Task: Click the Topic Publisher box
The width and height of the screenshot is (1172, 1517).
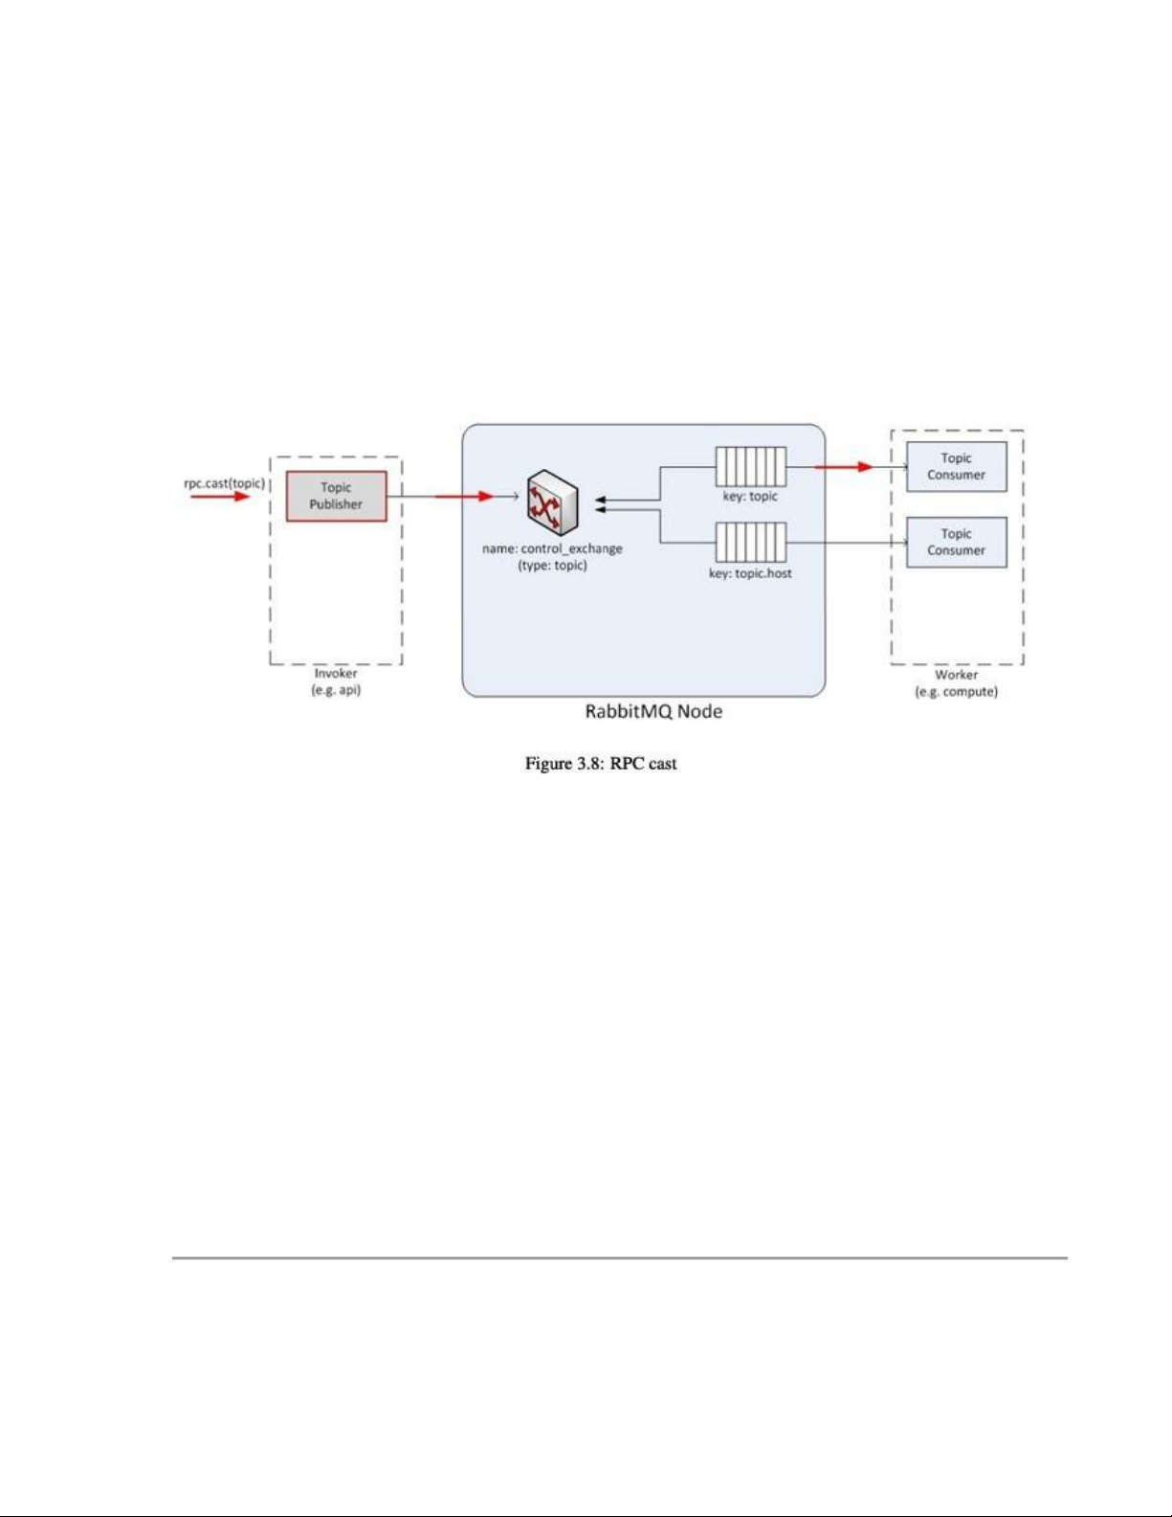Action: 336,496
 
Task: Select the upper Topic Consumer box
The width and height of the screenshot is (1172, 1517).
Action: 956,466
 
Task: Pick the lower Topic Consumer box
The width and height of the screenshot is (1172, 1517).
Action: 956,543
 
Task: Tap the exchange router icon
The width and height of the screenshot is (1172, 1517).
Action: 553,502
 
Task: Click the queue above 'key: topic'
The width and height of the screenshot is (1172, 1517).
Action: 751,466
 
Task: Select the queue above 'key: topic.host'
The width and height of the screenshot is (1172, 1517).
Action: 751,543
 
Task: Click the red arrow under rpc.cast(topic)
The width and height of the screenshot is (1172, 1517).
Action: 220,497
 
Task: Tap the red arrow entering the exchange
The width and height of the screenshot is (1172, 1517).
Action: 465,497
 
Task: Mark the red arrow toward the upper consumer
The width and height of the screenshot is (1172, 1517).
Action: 844,466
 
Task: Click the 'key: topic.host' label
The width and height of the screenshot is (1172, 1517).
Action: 751,574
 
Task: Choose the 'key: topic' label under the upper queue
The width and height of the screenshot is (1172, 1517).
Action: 750,497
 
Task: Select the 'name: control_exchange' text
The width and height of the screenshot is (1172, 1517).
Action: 552,548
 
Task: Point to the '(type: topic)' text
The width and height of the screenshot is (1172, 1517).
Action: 552,566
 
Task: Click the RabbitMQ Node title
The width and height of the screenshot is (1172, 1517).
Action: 653,711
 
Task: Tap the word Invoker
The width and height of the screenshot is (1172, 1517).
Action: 336,674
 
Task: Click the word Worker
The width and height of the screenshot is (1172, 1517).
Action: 957,675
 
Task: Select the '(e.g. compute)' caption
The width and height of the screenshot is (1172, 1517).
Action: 957,692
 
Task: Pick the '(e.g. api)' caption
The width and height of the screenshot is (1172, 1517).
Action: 336,690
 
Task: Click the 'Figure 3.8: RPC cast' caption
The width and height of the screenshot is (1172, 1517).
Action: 601,764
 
